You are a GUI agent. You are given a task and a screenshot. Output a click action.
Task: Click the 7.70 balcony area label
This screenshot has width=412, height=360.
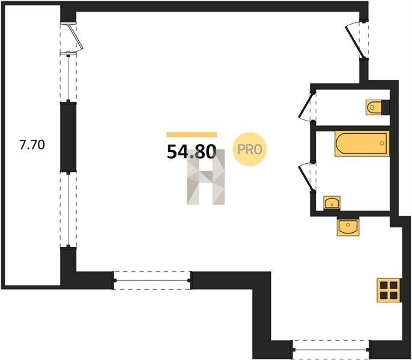32,145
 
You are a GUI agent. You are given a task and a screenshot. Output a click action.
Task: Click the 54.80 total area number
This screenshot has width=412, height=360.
192,152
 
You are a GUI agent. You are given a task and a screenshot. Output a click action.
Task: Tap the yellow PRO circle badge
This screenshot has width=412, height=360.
250,149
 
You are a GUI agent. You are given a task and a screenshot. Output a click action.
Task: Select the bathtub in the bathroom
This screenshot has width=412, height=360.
362,143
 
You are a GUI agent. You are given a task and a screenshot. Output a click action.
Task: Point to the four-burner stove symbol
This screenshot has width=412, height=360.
389,290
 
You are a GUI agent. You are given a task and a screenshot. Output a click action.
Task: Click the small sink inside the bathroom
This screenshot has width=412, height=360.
332,203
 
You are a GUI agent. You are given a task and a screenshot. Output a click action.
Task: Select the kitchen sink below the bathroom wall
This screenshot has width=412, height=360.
348,226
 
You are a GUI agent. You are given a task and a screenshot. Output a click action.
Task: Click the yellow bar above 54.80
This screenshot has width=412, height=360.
192,135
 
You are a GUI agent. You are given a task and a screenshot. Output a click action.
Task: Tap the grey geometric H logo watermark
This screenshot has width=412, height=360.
206,177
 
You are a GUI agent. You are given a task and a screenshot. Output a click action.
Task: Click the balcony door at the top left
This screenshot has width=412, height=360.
71,39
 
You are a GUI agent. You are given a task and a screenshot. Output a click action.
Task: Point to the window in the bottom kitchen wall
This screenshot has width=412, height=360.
331,349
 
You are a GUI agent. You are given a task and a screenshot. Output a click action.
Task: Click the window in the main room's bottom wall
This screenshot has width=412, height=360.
152,280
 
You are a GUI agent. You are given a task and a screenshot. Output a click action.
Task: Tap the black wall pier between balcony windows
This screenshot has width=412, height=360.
68,137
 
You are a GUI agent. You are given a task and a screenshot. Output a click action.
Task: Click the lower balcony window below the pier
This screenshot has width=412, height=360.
68,210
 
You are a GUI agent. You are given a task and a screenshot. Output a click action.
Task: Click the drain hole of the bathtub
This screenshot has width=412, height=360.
382,143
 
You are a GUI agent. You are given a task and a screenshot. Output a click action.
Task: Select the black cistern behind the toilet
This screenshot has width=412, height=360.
386,107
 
